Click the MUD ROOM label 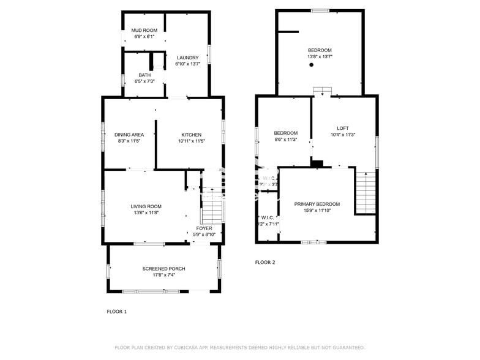point(144,31)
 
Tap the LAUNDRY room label point(187,58)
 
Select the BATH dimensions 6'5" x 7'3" point(144,81)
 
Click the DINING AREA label point(129,135)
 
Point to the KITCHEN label point(191,135)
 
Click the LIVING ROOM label point(146,206)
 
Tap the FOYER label point(204,228)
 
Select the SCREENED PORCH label point(163,269)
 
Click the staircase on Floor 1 point(212,212)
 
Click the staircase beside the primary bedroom point(366,192)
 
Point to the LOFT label point(343,128)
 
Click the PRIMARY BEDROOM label point(317,204)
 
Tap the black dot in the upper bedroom point(312,65)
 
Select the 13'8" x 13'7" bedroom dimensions point(320,57)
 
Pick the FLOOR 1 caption point(116,312)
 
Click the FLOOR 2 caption point(265,262)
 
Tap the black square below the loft point(317,163)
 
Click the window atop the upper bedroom point(320,10)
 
